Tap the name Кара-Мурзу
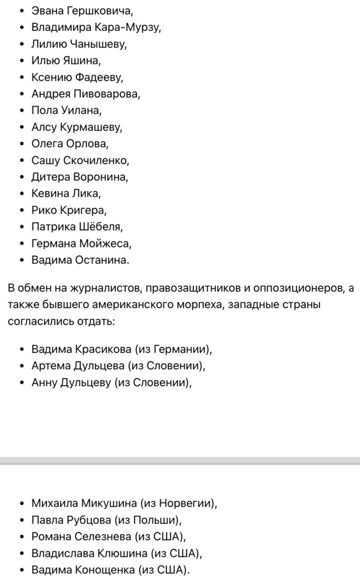click(128, 27)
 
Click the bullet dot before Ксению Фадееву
click(23, 78)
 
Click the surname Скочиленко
click(96, 160)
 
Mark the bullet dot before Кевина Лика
click(23, 194)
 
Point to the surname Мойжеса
click(105, 244)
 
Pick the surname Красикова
click(104, 350)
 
